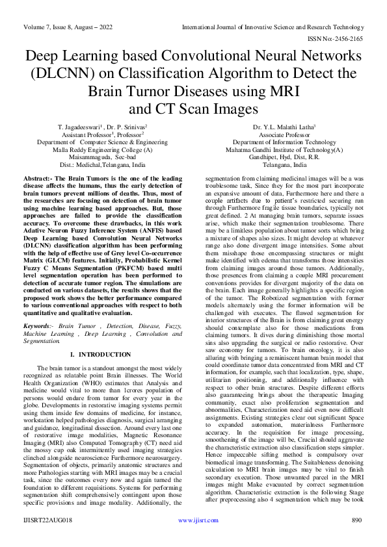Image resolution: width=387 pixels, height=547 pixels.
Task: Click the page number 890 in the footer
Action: coord(356,539)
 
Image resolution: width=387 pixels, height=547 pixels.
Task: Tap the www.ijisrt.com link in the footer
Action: coord(194,539)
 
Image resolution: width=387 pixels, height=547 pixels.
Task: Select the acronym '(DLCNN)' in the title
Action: coord(56,73)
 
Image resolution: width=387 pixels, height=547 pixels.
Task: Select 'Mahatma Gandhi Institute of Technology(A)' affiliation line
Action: coord(284,149)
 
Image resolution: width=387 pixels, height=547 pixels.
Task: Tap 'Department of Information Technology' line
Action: coord(284,142)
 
